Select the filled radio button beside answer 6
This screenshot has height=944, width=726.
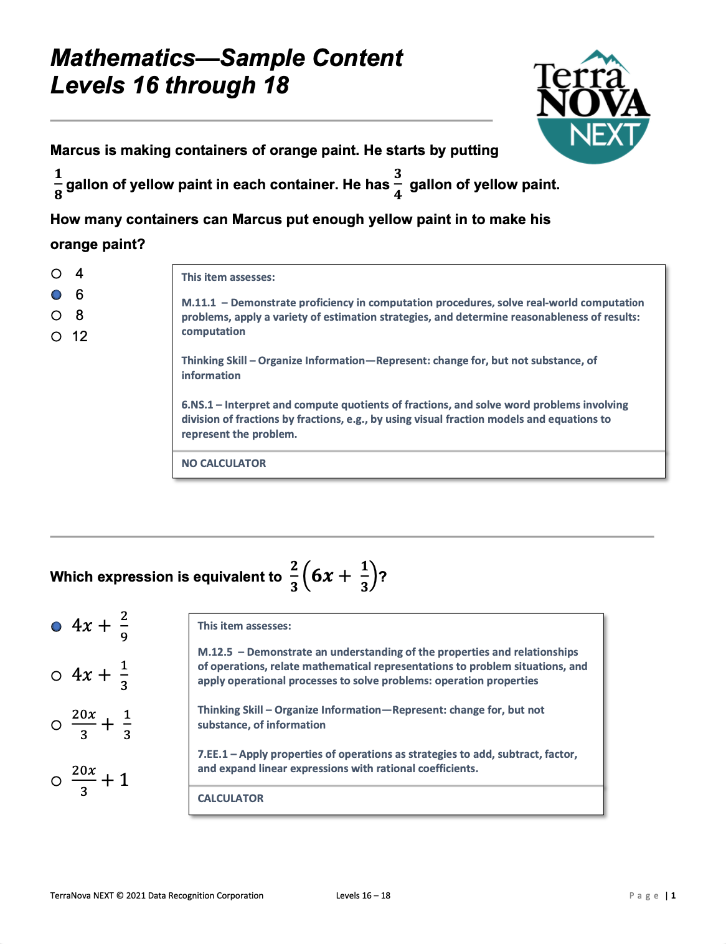click(x=57, y=295)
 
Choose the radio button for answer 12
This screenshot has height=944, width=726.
click(x=57, y=337)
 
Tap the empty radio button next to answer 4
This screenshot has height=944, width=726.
click(x=57, y=273)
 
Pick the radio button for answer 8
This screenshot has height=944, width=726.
click(x=57, y=316)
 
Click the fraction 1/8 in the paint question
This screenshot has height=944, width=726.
click(x=58, y=184)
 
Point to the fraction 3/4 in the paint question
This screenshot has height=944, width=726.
click(x=398, y=184)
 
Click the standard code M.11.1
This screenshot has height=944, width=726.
click(x=199, y=303)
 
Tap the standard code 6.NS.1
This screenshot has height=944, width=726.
click(x=197, y=405)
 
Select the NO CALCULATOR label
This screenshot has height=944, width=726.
click(x=224, y=463)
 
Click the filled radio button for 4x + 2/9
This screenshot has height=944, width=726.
click(x=57, y=626)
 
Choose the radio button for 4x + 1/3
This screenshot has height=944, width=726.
click(x=57, y=676)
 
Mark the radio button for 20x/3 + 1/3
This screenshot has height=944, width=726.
click(x=57, y=725)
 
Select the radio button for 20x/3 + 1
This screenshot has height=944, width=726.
click(x=57, y=781)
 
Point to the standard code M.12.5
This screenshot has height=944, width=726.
click(x=215, y=652)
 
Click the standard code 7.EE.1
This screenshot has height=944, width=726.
click(x=213, y=754)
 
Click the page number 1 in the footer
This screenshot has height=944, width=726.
click(x=673, y=895)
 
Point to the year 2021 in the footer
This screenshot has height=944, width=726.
click(x=135, y=895)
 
